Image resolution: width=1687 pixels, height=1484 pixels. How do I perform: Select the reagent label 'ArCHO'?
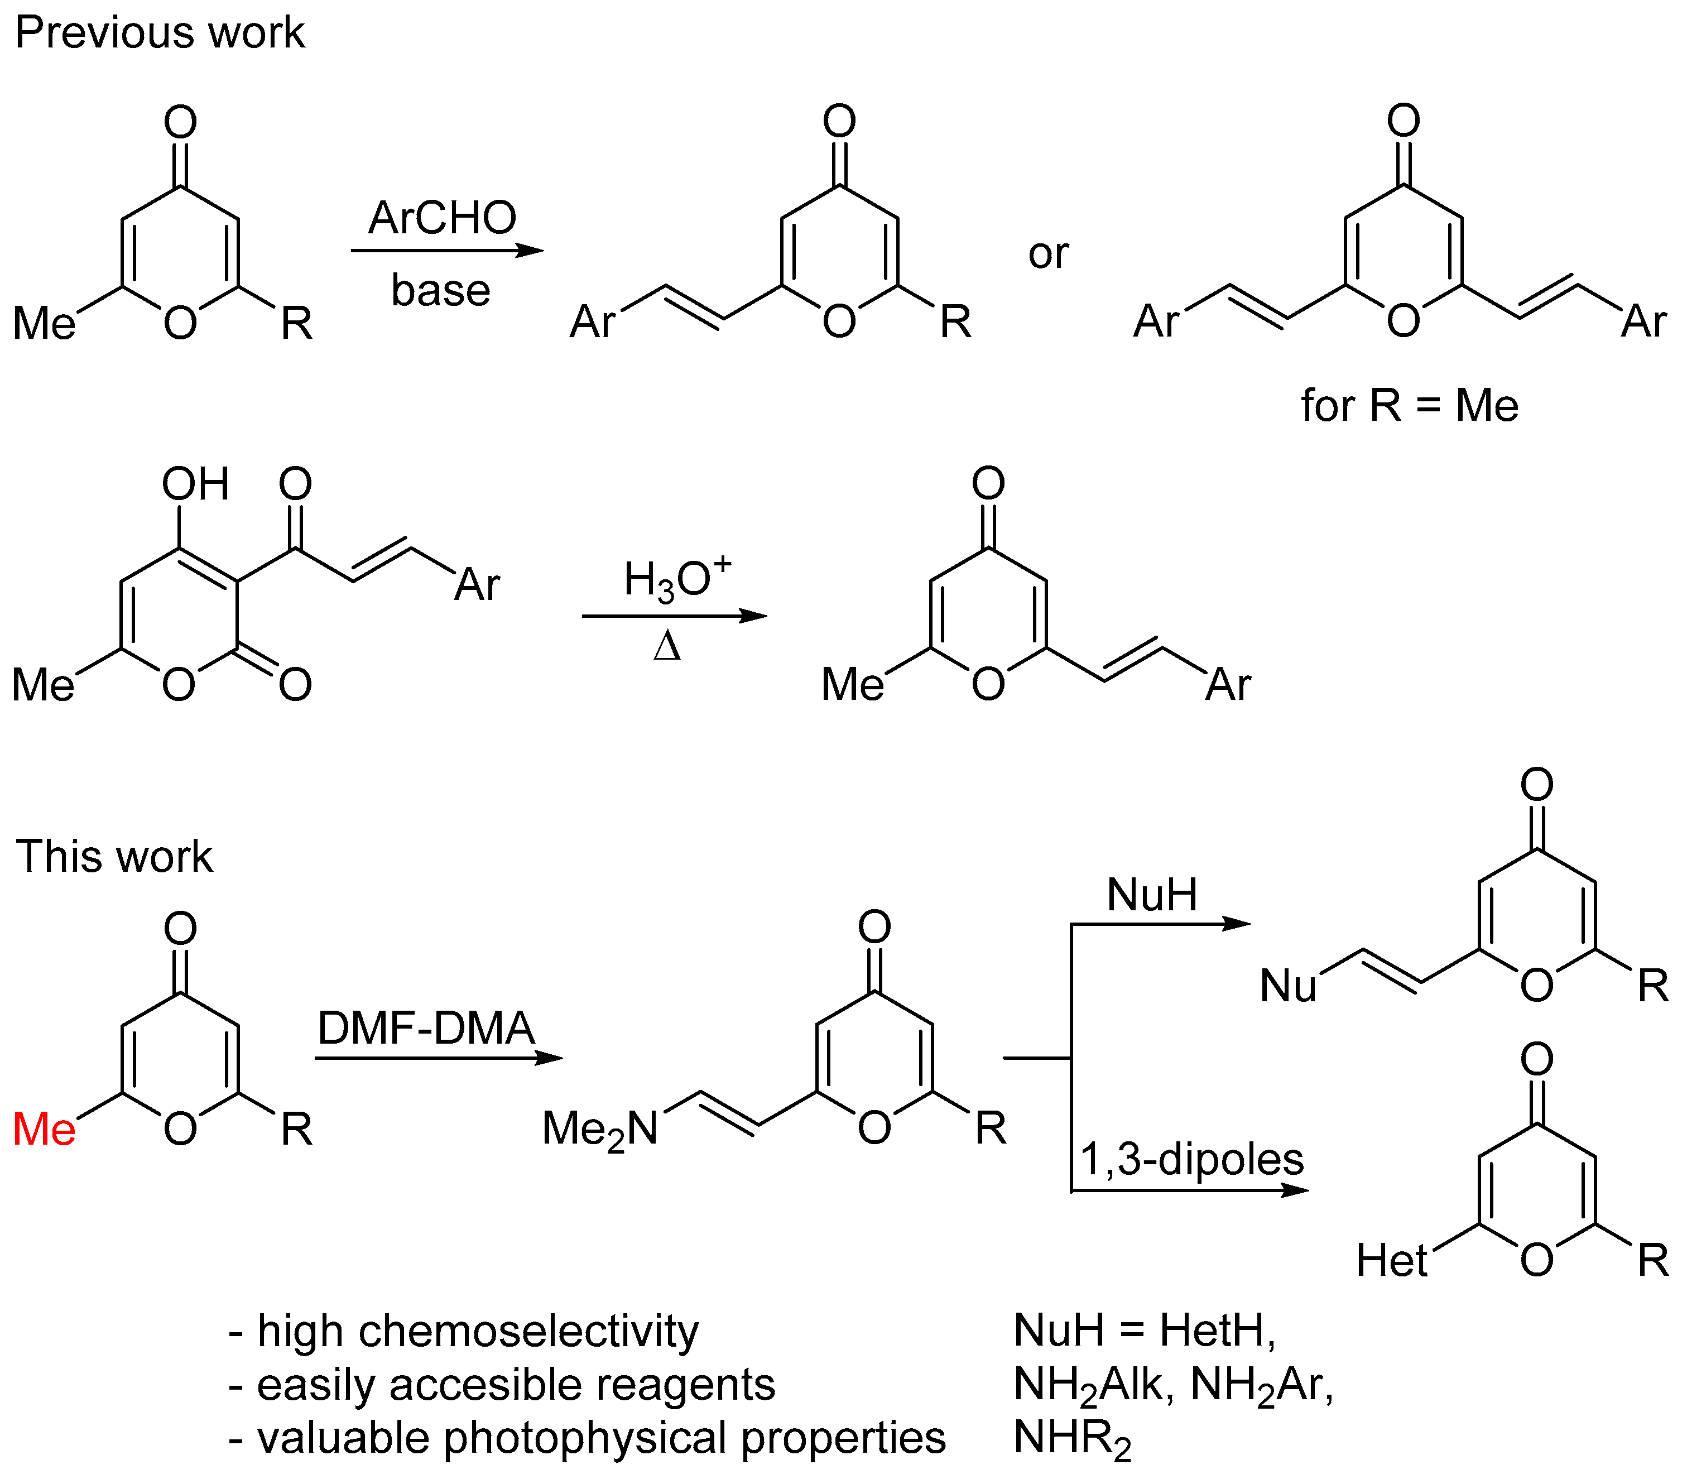click(443, 218)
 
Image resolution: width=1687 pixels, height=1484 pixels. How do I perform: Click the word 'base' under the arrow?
click(441, 291)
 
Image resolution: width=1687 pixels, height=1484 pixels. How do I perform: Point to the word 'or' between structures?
click(1048, 253)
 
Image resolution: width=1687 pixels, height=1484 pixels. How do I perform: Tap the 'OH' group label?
click(195, 484)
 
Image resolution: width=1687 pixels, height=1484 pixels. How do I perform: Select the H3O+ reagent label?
click(677, 578)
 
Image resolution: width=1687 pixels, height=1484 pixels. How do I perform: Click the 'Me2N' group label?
click(600, 1129)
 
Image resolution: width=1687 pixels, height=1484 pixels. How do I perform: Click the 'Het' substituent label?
click(1392, 1261)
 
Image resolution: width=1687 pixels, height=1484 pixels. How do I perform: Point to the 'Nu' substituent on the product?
click(1287, 986)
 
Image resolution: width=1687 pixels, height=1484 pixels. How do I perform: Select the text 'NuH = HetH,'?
click(1145, 1331)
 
